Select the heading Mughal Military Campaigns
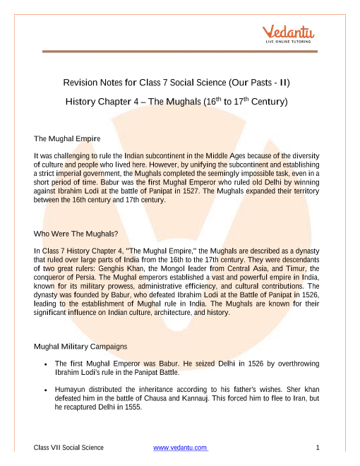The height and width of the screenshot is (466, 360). (x=80, y=346)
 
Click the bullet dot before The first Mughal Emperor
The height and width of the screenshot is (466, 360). (x=45, y=364)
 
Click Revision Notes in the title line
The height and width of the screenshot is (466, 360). (x=92, y=83)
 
